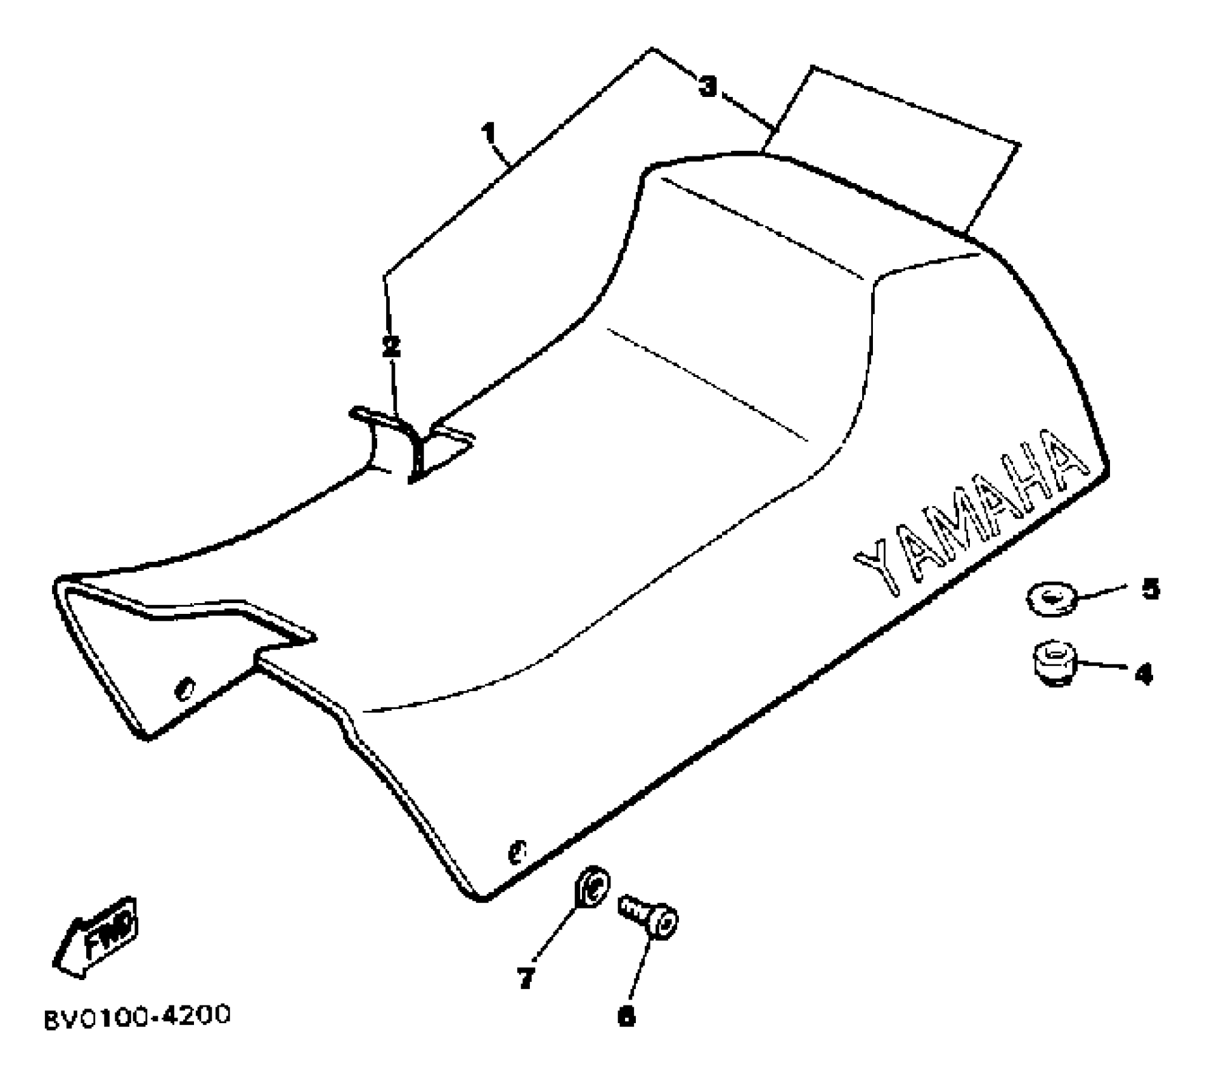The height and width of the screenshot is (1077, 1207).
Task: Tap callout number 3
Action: point(708,87)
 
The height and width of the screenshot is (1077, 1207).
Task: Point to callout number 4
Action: point(1143,674)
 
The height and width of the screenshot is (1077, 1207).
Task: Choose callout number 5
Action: point(1151,589)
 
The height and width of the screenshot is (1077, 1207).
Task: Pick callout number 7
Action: point(526,979)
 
